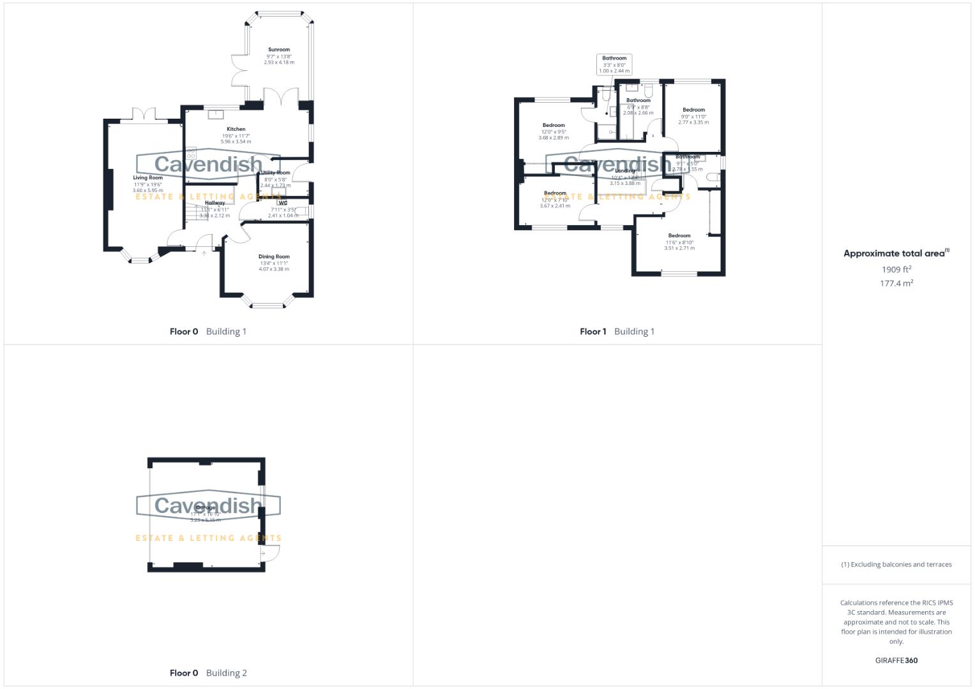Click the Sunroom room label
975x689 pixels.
pos(279,50)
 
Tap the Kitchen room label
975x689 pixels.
pos(236,130)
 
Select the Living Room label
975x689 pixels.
pos(147,178)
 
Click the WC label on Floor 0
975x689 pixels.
pos(283,203)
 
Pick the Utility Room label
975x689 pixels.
pos(276,173)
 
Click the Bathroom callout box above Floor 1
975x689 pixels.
pos(614,64)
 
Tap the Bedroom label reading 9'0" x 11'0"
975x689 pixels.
pos(693,110)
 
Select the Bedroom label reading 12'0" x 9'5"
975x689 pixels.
pos(554,126)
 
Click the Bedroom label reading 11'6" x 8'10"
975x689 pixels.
pos(679,236)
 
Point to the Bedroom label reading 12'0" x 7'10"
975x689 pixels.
pos(555,193)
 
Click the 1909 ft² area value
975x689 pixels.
pos(896,269)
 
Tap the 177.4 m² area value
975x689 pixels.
pos(896,283)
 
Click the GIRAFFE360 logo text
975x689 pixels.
pos(896,660)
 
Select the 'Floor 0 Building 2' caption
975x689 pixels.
pos(208,672)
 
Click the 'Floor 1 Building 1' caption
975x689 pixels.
pos(617,331)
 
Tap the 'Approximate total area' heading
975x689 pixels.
pos(896,253)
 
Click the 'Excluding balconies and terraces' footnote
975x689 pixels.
pos(896,565)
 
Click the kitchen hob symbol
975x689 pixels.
pos(191,154)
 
